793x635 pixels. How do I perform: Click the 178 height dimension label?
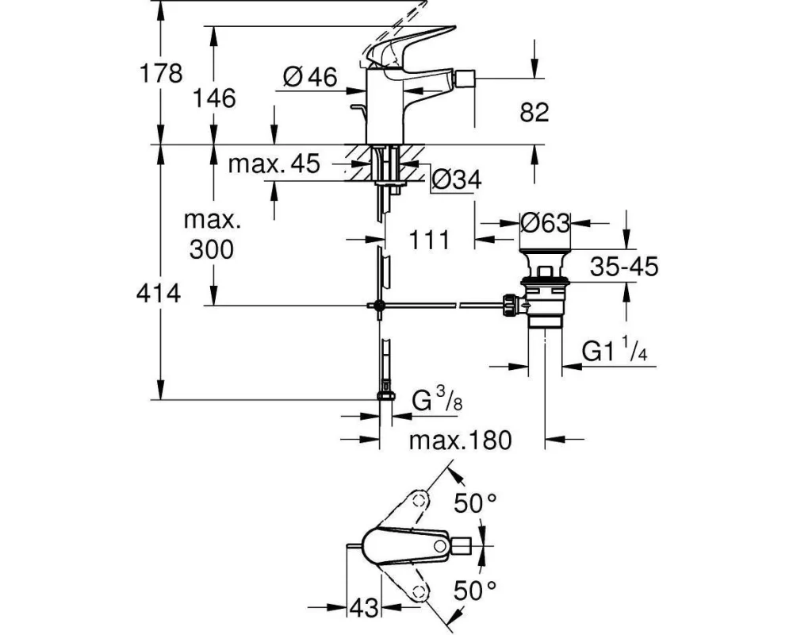coord(161,73)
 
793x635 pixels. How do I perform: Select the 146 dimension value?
coord(214,98)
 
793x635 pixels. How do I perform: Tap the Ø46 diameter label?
coord(310,77)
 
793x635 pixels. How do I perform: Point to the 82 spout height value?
coord(534,112)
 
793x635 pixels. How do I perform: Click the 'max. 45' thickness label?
coord(274,164)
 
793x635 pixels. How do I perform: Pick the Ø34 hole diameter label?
coord(457,179)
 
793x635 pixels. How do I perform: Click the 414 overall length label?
coord(159,293)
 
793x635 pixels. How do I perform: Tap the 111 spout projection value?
coord(429,240)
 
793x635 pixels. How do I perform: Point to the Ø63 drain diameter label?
coord(546,222)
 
